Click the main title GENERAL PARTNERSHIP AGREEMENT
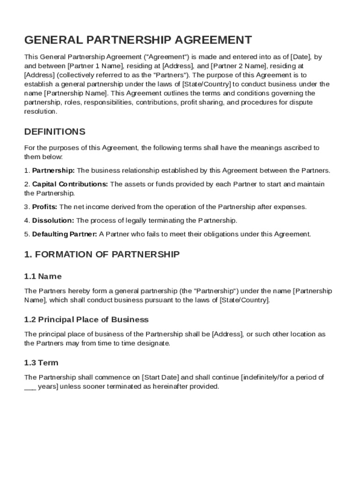click(x=138, y=40)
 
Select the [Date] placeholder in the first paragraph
click(x=302, y=57)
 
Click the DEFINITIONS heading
click(x=55, y=131)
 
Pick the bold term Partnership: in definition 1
click(x=53, y=170)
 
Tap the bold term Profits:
click(x=45, y=207)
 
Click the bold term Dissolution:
click(x=53, y=220)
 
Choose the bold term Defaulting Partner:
click(x=65, y=234)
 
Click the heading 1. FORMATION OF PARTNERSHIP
click(x=102, y=255)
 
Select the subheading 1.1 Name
click(x=43, y=276)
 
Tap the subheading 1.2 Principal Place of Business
click(x=86, y=320)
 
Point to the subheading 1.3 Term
click(x=41, y=363)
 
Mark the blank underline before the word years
click(x=30, y=387)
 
